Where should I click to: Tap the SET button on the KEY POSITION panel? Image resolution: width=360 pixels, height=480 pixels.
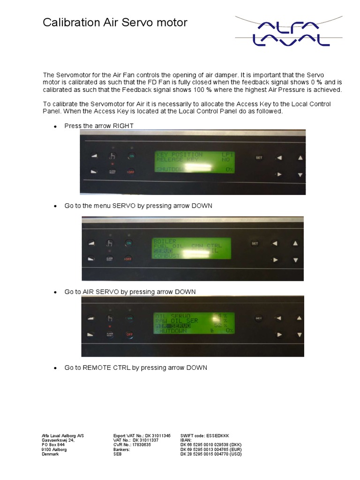259,157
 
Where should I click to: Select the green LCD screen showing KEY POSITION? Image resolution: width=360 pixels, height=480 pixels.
195,162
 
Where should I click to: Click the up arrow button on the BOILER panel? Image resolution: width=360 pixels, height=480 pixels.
295,243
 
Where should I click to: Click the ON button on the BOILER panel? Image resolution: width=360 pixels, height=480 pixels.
129,243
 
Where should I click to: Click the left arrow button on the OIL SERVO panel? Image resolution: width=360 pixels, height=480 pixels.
279,319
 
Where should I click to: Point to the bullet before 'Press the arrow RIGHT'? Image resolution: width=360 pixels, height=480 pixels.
55,127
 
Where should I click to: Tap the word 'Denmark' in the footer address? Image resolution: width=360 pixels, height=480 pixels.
51,454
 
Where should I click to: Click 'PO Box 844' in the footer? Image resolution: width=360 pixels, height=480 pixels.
53,445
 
